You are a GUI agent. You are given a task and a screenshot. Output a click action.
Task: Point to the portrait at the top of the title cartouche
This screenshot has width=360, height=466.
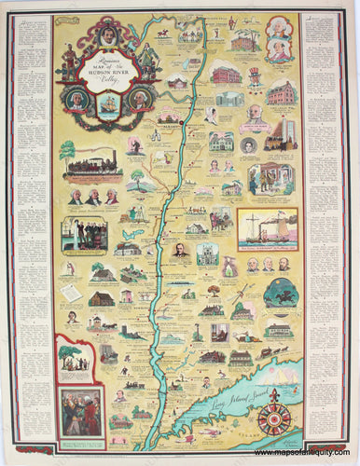click(x=108, y=35)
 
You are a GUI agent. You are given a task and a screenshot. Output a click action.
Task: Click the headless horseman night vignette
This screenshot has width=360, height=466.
click(x=277, y=293)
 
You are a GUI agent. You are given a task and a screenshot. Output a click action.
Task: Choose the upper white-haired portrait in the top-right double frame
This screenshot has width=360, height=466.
click(x=280, y=29)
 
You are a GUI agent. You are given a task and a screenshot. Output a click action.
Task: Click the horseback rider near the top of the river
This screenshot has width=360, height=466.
click(x=164, y=34)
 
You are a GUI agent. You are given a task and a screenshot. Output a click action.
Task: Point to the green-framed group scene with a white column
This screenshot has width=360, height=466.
click(x=84, y=235)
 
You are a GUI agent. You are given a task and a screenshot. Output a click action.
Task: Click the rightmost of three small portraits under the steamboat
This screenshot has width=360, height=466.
click(x=284, y=265)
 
